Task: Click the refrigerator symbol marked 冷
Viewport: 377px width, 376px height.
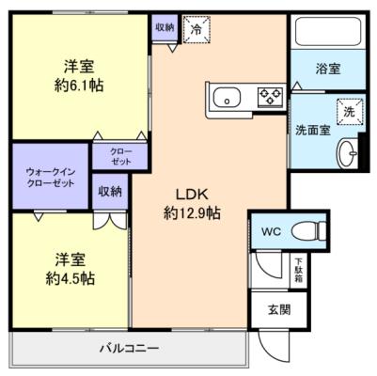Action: coord(196,29)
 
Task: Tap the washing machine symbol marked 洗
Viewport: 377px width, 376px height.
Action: coord(350,112)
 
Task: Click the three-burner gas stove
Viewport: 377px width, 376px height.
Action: coord(270,96)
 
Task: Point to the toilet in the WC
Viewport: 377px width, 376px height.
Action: coord(308,232)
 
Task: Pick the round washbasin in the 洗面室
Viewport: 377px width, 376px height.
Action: coord(347,153)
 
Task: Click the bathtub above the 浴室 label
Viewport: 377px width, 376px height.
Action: coord(328,31)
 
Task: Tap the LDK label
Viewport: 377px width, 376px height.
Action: coord(192,195)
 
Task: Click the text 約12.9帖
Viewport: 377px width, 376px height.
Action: coord(192,214)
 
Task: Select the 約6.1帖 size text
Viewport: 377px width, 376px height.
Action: coord(79,86)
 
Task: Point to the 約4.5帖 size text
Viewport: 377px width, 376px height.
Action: coord(71,278)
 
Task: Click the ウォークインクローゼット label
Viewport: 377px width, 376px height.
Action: coord(51,178)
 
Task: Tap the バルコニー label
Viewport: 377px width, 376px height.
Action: coord(130,348)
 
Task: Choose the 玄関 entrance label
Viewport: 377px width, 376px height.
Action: coord(279,309)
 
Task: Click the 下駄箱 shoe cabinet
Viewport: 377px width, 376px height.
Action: coord(298,271)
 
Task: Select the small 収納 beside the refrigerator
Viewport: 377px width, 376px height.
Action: coord(165,27)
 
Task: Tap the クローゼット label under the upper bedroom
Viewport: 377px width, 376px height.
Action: coord(121,157)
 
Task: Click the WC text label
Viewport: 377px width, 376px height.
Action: coord(272,232)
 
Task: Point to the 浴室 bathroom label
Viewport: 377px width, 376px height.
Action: coord(328,69)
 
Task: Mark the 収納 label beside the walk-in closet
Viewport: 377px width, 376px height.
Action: coord(110,192)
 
